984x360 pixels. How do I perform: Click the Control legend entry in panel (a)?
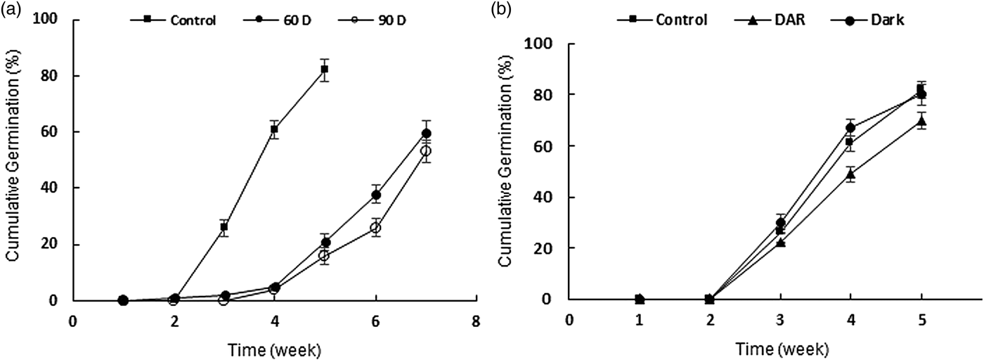coord(172,20)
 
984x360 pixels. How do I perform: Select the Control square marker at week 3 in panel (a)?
coord(224,227)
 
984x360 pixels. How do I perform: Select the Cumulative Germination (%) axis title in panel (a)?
coord(12,161)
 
